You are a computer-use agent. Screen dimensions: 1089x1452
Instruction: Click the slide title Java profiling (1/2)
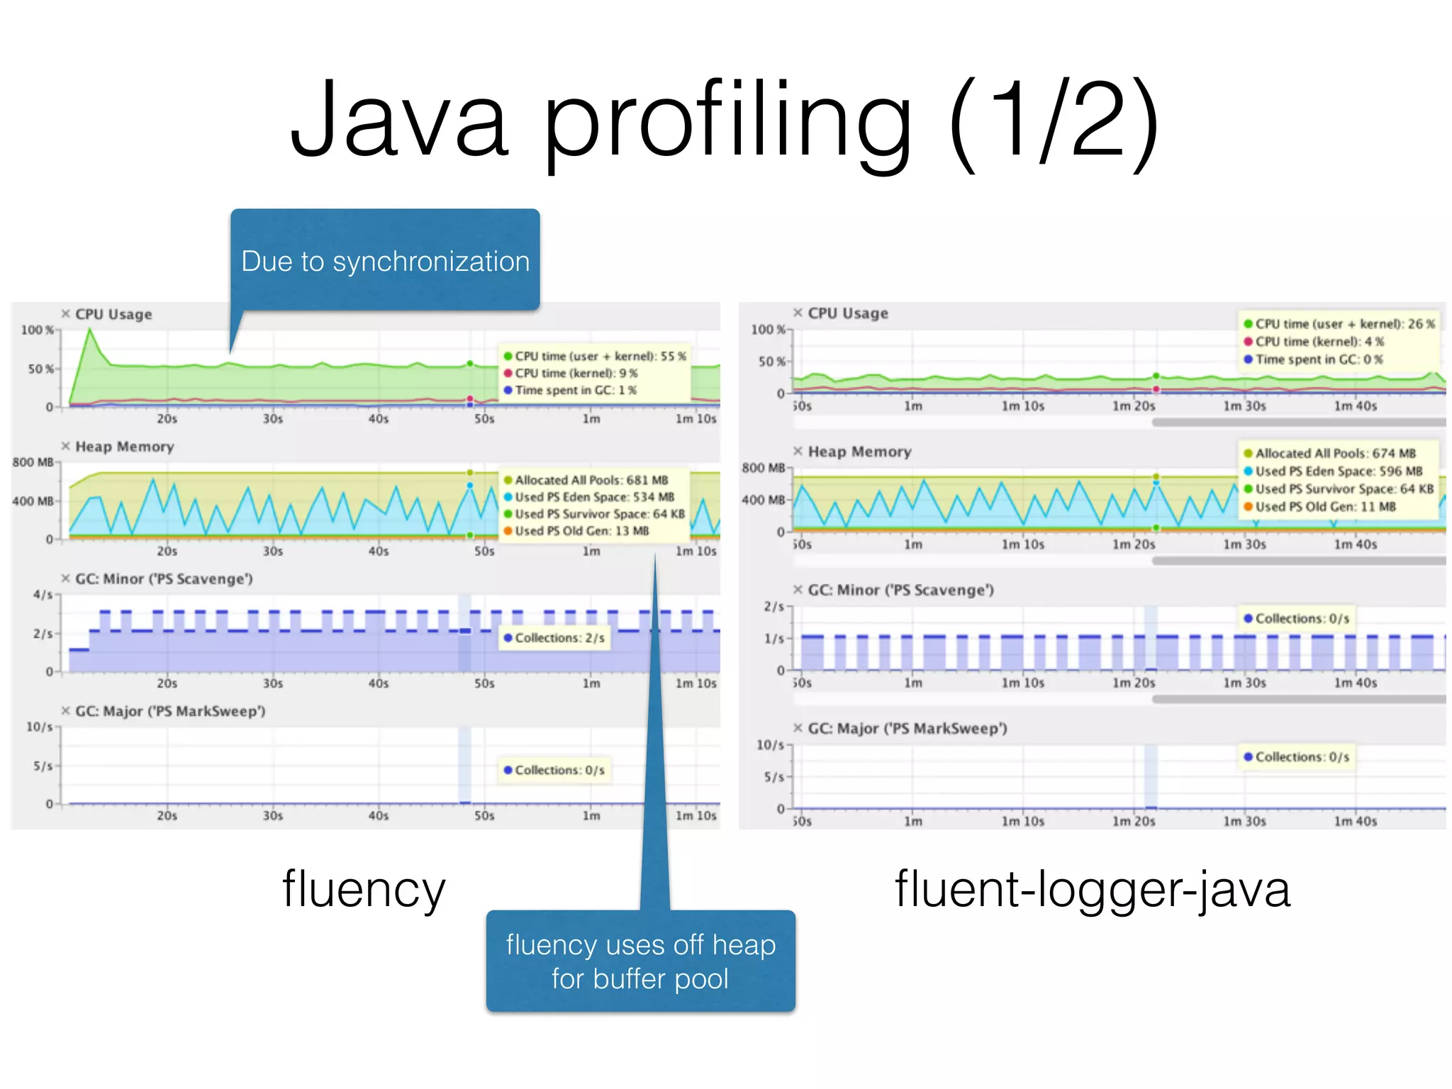pos(725,121)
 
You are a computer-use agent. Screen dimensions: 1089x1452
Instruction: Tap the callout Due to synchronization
pos(385,261)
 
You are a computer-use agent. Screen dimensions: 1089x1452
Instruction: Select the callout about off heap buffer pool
pos(640,961)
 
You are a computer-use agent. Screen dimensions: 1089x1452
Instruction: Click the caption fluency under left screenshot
pos(364,889)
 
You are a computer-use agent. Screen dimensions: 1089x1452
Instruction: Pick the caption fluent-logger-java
pos(1092,889)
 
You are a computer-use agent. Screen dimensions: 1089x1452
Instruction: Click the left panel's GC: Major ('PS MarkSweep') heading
pos(170,711)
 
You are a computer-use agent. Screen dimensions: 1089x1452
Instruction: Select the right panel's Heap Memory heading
pos(859,452)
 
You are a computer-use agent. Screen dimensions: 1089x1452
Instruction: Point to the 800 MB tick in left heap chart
pos(33,462)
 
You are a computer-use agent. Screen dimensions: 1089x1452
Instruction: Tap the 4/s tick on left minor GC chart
pos(43,594)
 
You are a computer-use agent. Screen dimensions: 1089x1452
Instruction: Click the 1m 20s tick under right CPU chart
pos(1133,406)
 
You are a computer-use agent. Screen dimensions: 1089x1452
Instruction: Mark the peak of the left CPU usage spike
pos(90,330)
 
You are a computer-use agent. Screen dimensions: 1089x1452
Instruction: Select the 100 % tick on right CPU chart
pos(768,330)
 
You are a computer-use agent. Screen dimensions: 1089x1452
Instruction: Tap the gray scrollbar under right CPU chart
pos(1297,423)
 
